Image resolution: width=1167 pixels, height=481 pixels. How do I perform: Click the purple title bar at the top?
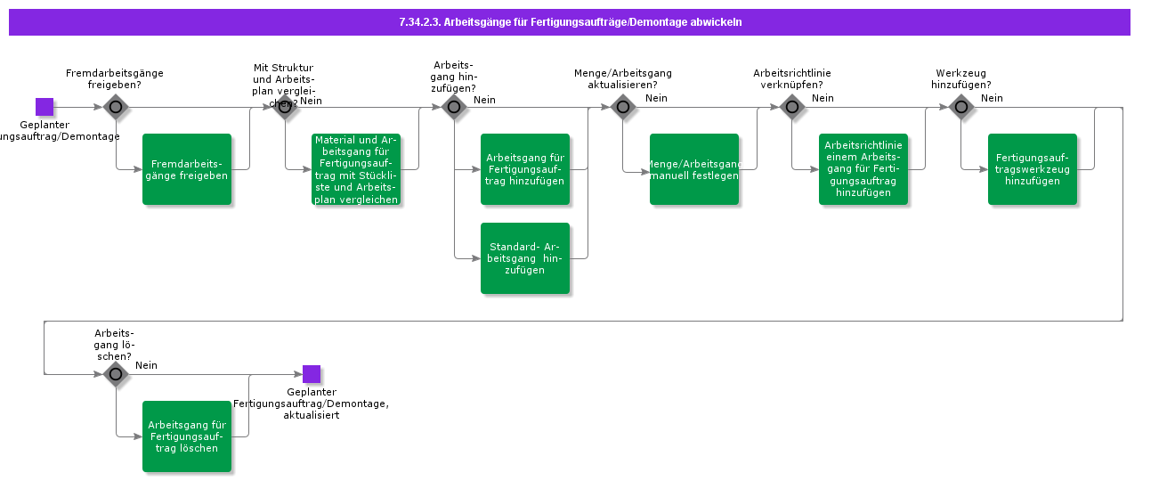570,22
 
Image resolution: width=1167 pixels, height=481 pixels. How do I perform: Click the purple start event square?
45,107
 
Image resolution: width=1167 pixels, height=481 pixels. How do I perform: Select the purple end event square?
312,374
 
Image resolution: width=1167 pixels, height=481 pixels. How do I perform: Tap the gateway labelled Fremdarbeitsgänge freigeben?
116,107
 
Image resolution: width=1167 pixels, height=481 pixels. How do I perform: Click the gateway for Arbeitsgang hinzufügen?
454,107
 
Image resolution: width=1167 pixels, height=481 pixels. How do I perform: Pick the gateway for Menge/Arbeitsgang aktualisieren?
623,107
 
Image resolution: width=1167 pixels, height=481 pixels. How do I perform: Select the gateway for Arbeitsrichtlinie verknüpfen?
792,107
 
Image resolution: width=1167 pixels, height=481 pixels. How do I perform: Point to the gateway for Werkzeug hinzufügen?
961,107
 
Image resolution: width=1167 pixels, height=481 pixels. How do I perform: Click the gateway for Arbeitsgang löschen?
116,374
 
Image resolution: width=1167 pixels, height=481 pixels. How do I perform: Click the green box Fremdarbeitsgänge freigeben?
187,169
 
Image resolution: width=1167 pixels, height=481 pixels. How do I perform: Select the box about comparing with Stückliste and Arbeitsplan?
356,169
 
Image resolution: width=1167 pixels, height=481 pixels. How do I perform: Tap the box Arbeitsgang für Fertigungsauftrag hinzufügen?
525,169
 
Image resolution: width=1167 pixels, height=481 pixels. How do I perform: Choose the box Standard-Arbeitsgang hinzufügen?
525,258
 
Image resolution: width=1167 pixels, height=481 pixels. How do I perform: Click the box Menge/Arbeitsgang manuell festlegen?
694,169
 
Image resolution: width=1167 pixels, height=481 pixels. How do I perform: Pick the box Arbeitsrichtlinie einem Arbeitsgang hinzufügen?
863,169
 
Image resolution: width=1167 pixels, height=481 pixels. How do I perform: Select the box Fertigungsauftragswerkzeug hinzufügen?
1033,169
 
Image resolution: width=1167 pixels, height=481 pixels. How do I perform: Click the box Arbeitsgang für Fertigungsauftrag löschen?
187,436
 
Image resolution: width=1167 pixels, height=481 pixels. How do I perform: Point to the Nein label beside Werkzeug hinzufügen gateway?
992,98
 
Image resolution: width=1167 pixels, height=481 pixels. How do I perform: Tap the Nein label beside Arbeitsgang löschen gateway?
146,365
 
